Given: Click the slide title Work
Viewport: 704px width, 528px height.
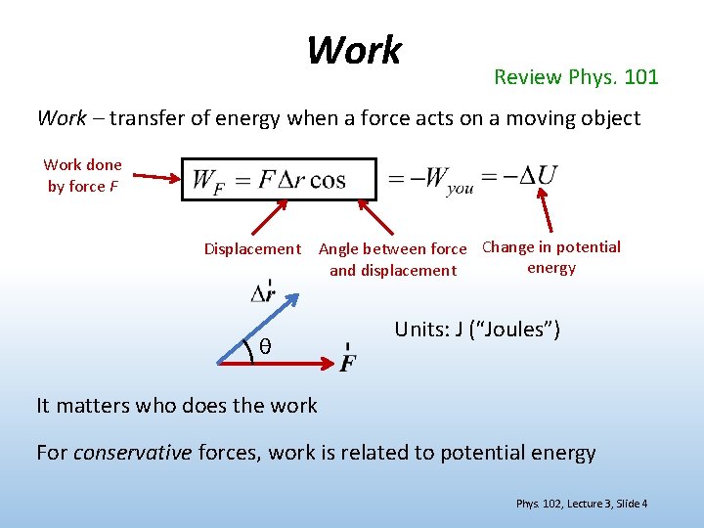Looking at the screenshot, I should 354,50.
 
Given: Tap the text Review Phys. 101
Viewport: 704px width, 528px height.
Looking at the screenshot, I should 576,76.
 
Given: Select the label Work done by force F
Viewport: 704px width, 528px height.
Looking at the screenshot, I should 82,175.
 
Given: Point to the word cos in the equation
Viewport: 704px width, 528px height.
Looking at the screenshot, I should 327,180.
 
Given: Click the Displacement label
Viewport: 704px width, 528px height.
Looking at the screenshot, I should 252,249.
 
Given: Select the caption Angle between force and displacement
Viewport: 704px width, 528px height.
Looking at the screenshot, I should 392,259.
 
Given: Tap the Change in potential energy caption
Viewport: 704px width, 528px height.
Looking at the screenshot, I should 551,257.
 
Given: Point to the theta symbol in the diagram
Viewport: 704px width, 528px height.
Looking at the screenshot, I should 265,347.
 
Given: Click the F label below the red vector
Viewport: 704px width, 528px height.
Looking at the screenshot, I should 347,362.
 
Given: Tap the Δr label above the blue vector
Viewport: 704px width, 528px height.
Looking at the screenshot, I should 262,292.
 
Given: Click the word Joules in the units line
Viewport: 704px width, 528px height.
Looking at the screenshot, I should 512,330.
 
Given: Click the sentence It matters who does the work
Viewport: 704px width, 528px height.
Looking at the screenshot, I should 177,405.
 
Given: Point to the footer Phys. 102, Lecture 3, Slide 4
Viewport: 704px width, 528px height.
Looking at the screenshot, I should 582,504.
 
